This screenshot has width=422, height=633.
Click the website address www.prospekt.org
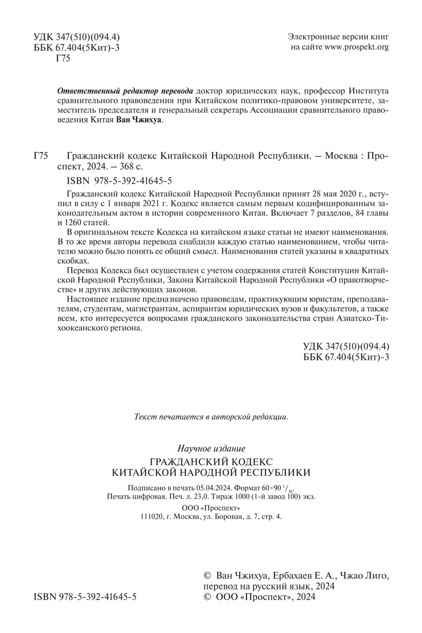[356, 48]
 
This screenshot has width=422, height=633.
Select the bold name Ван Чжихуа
[139, 121]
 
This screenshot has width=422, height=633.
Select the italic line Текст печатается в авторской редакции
[211, 416]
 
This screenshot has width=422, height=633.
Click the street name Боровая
[227, 517]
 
